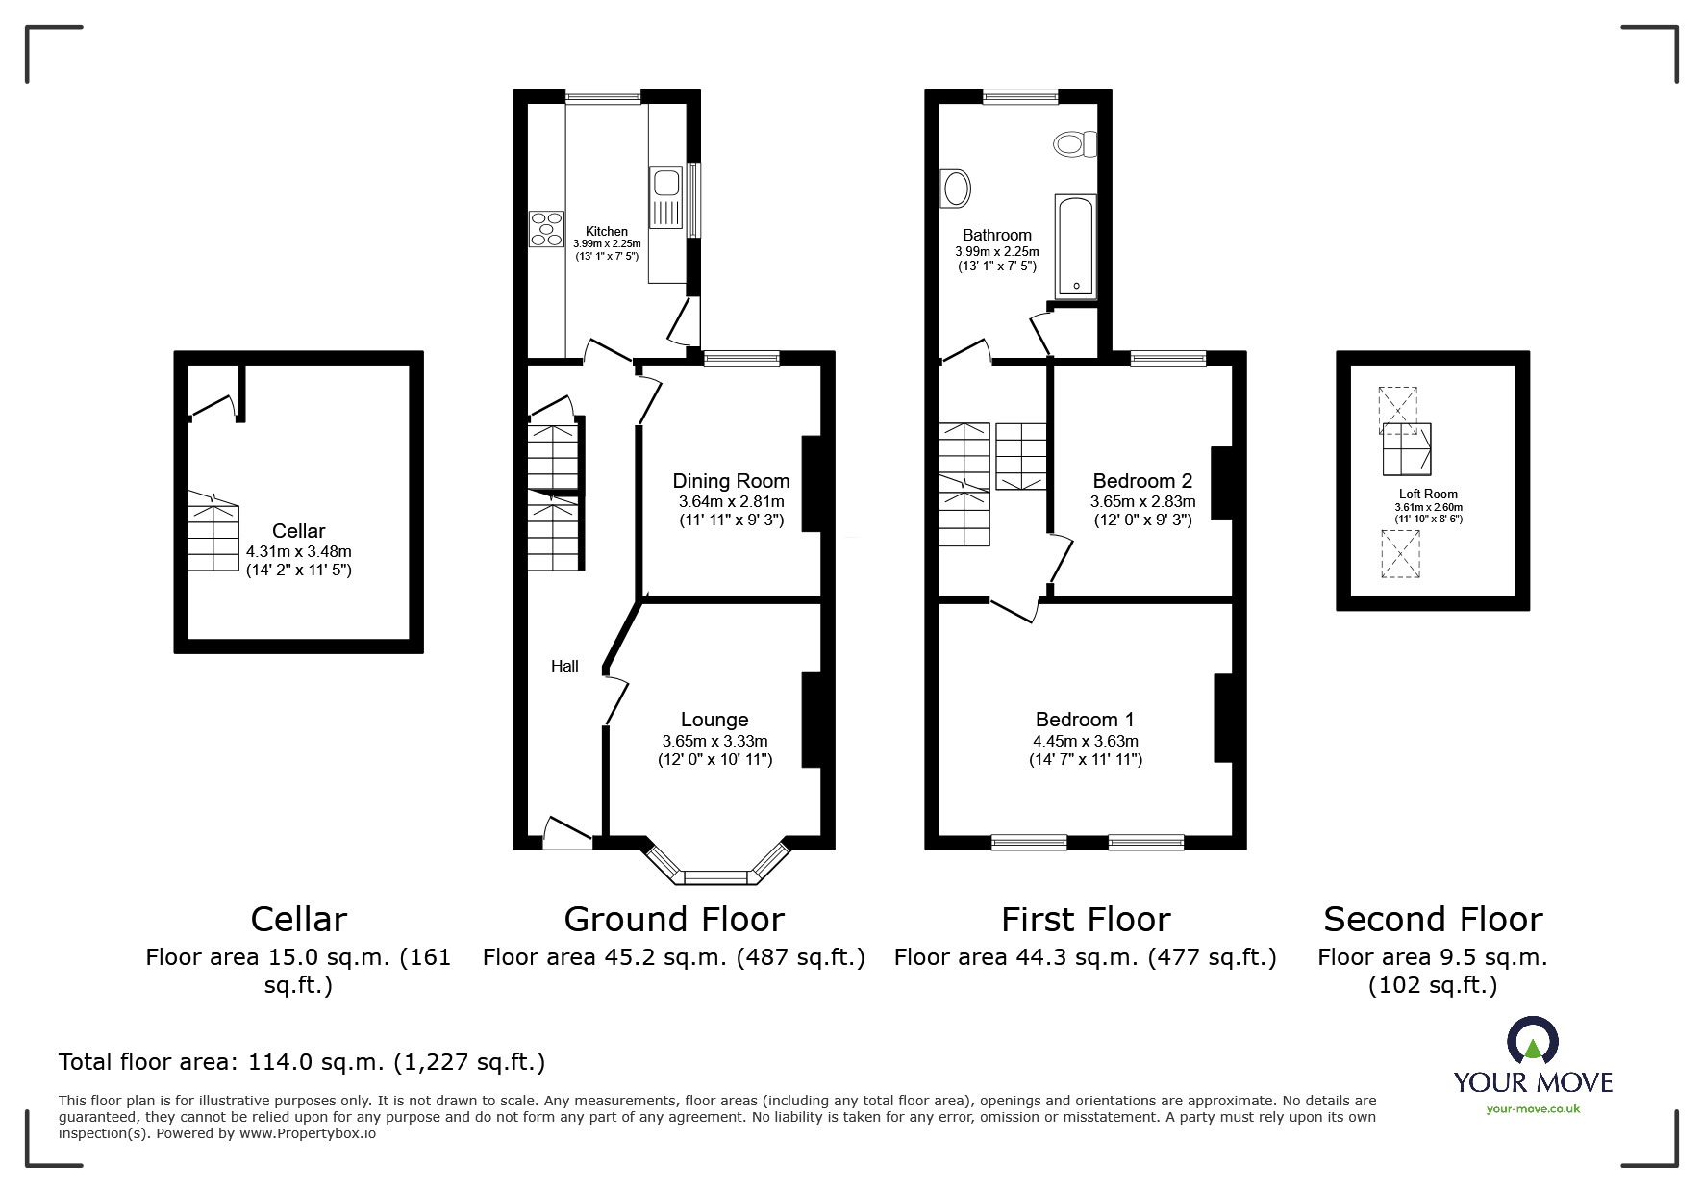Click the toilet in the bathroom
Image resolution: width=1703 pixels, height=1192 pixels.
pos(1075,144)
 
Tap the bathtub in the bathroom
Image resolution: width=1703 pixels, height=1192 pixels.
pos(1075,246)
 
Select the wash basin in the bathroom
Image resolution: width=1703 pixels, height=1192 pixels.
pos(956,189)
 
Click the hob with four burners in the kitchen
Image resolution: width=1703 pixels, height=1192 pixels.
pos(546,228)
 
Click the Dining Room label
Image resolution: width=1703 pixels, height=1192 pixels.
pos(731,481)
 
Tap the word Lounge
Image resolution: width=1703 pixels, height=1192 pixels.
pos(714,720)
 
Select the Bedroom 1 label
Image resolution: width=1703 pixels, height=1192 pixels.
pos(1085,720)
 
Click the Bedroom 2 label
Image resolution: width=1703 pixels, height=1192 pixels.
pos(1142,481)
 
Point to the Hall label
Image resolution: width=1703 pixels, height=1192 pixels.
pos(564,666)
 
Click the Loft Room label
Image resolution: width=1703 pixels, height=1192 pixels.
pos(1428,495)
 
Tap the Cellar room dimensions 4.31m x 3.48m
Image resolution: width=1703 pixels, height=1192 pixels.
pos(299,552)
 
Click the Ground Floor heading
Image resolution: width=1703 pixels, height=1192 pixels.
pos(674,920)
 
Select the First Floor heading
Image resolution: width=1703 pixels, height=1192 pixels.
pos(1086,920)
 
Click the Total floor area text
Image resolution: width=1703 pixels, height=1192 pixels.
pos(302,1062)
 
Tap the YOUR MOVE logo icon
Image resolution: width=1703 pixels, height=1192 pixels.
pos(1533,1041)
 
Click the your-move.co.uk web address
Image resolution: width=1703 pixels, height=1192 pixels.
pos(1533,1109)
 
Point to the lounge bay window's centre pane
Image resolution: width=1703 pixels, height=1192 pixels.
pos(715,876)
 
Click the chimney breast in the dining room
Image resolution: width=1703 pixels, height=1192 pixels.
pos(812,484)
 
